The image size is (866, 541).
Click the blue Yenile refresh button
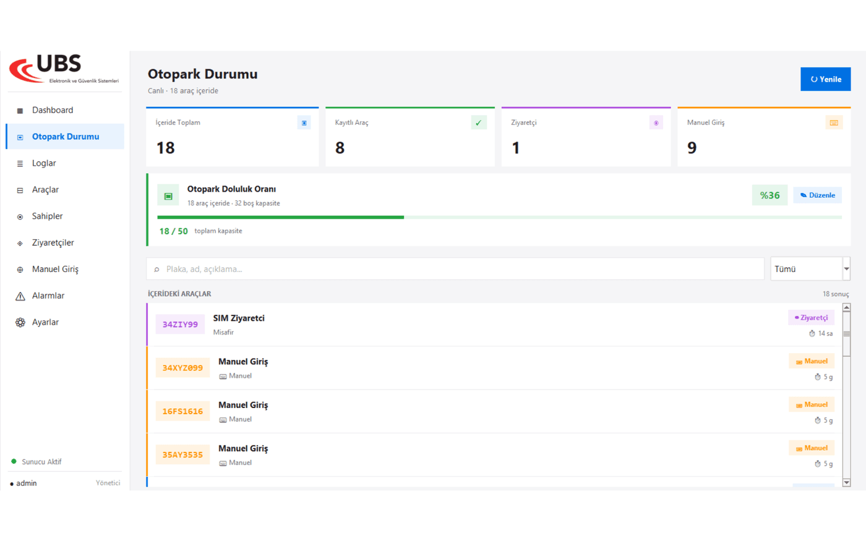click(825, 79)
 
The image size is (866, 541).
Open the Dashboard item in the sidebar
click(53, 110)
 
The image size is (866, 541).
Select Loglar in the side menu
click(44, 163)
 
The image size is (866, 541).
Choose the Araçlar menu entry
click(45, 190)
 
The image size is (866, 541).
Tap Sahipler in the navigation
click(47, 216)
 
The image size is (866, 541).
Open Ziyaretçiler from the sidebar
click(53, 242)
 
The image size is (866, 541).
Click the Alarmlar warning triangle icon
click(20, 296)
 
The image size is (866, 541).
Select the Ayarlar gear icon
click(20, 322)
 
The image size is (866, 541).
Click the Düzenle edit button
click(817, 195)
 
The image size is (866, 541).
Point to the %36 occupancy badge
click(770, 195)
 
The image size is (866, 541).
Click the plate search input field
click(455, 269)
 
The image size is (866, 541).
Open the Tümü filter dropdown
click(810, 269)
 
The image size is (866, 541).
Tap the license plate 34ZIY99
click(180, 324)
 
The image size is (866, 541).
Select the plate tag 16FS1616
click(182, 411)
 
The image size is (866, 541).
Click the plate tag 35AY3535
click(182, 454)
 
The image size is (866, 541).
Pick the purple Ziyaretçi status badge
click(811, 318)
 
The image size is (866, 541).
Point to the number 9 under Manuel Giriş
click(692, 148)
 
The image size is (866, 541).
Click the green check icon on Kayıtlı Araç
click(479, 123)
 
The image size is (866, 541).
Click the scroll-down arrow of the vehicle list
click(847, 482)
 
